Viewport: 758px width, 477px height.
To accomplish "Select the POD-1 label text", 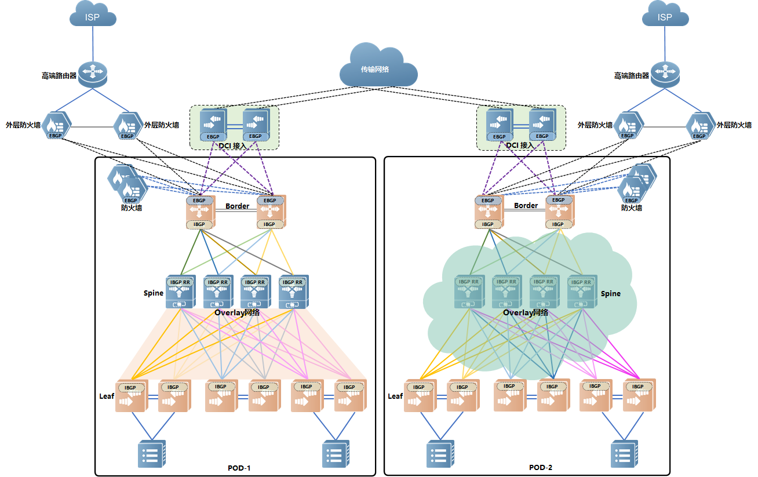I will click(239, 468).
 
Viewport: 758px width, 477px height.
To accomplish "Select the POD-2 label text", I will click(541, 468).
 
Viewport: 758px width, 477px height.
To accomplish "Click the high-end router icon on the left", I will click(93, 75).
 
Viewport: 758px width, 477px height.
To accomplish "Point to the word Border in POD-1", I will click(238, 206).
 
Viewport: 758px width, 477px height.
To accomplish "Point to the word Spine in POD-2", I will click(610, 294).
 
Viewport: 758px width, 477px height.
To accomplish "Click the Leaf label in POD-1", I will click(107, 396).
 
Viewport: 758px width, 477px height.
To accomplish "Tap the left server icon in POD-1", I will click(151, 454).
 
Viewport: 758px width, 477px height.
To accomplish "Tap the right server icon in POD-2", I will click(625, 454).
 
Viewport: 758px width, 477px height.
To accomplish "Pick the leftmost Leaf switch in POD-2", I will click(420, 396).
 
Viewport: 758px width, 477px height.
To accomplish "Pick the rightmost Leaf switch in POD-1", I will click(350, 396).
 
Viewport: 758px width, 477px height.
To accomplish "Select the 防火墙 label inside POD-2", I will click(632, 207).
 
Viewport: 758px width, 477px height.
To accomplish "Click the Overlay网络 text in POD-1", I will click(237, 312).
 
